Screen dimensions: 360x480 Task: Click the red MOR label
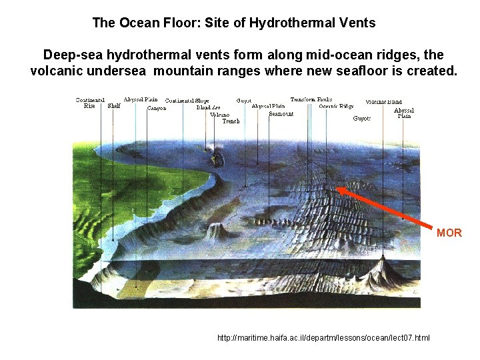click(449, 233)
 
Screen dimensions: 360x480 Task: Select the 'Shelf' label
click(114, 105)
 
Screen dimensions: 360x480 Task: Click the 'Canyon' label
click(157, 108)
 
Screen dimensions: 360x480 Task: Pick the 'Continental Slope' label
click(187, 101)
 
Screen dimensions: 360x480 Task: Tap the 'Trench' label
click(231, 121)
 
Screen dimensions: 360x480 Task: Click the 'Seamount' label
click(281, 113)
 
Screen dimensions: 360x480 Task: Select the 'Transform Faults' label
click(311, 99)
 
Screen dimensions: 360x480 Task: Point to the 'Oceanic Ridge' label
click(336, 106)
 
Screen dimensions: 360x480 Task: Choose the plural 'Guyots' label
click(362, 119)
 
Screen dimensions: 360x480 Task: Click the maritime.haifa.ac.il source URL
click(323, 338)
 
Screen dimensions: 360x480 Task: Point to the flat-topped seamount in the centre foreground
click(214, 230)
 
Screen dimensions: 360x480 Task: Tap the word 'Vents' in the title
click(357, 23)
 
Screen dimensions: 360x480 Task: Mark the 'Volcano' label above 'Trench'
click(219, 114)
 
